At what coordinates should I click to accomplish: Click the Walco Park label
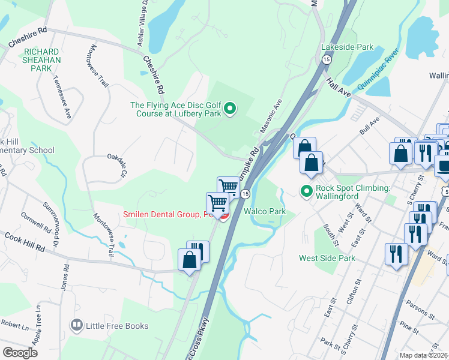[x=264, y=211]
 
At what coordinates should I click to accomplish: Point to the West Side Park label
[x=327, y=258]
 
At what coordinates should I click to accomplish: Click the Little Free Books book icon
[x=76, y=326]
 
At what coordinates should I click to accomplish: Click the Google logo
[x=20, y=353]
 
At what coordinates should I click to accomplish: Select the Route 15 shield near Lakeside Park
[x=325, y=59]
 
